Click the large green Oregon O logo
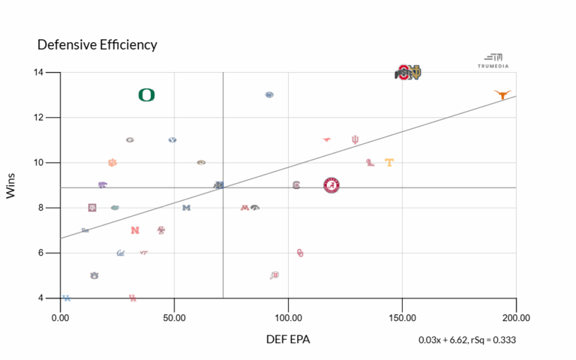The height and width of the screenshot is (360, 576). coord(146,94)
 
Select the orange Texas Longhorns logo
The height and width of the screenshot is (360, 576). coord(502,94)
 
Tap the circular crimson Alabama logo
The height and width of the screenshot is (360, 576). coord(332,185)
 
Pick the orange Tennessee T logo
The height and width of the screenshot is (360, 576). coord(389,162)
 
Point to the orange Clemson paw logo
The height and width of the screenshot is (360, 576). coord(112,162)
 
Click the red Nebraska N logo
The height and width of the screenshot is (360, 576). coord(134,230)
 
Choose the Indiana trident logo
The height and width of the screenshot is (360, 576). coord(355,139)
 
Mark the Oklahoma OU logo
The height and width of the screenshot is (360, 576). coord(300,253)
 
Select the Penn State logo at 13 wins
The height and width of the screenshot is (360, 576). coord(269,94)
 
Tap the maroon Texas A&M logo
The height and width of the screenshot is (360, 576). coord(92,208)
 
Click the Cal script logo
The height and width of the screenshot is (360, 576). coord(120,253)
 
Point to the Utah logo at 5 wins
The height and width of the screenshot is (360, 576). coord(274,275)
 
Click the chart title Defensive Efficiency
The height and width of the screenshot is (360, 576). coord(97,45)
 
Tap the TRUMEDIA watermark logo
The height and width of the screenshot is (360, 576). coord(493,61)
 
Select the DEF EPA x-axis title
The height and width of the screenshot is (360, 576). coord(288,339)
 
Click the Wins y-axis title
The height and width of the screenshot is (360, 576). coord(11,185)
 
